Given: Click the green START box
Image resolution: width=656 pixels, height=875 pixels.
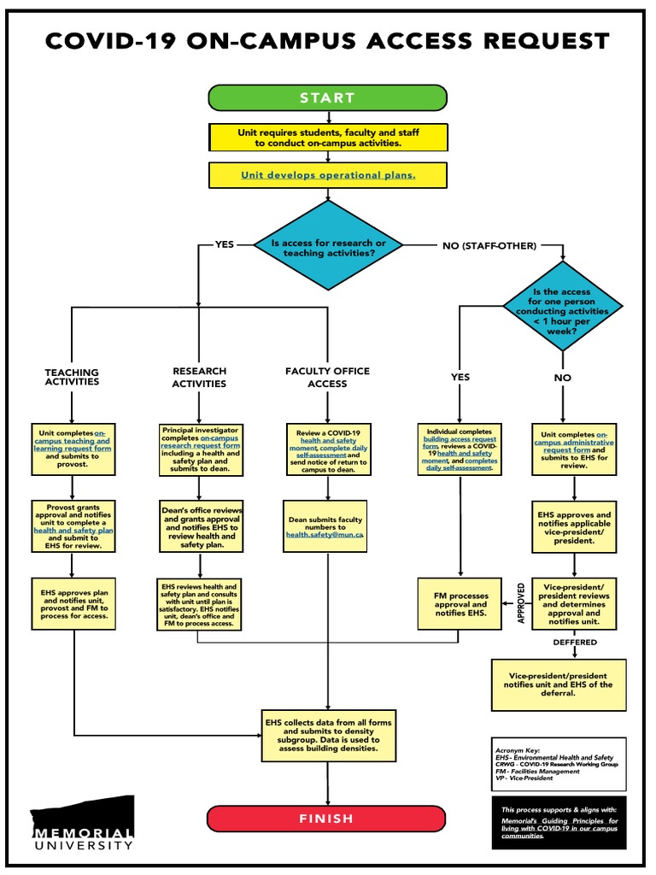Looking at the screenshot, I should (x=327, y=97).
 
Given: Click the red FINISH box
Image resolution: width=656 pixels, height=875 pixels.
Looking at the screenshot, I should (x=327, y=818).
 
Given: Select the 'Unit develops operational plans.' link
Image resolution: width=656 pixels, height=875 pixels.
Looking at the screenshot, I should (x=328, y=175).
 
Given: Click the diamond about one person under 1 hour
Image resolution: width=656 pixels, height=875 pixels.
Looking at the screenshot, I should (x=562, y=311).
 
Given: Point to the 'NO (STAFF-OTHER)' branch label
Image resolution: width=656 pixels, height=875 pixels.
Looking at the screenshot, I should (x=489, y=246).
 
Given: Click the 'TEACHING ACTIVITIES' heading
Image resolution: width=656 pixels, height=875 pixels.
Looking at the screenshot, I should (x=72, y=378).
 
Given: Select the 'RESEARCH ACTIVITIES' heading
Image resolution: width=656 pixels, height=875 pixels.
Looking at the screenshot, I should (x=199, y=378).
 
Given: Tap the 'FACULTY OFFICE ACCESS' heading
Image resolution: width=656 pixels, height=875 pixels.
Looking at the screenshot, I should (x=328, y=378).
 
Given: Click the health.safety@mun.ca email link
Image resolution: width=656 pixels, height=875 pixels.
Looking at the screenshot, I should (x=325, y=534).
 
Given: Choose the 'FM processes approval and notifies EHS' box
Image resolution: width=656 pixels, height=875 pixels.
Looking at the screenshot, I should (x=460, y=602).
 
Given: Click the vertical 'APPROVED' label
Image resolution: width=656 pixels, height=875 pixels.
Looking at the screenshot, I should (x=520, y=603).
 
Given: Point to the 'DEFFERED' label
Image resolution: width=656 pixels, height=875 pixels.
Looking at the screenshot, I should (x=575, y=642).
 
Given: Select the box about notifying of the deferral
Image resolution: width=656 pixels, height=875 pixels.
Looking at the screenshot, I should (x=559, y=684).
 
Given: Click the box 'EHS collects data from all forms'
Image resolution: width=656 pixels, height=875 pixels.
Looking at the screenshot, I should (x=328, y=736).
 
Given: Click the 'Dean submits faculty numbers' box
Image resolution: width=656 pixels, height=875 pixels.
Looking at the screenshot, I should (x=325, y=526).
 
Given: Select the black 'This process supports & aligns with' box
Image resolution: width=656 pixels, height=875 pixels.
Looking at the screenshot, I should (x=559, y=822).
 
